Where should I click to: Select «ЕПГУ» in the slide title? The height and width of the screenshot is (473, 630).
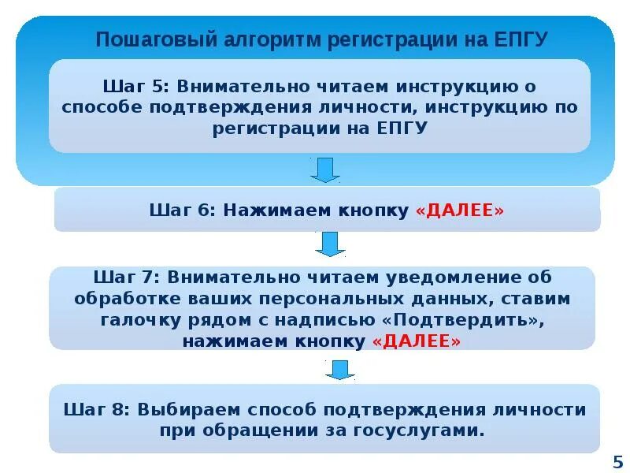(x=518, y=39)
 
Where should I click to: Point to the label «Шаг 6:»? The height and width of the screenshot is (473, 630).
(x=182, y=210)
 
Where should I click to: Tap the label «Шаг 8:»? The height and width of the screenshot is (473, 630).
(x=98, y=410)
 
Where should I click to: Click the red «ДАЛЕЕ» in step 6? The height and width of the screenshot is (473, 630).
(x=459, y=210)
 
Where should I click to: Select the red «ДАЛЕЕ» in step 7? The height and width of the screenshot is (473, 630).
(x=417, y=341)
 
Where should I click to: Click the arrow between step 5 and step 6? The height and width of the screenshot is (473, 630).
(x=324, y=169)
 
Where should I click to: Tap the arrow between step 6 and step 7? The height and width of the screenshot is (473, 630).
(x=330, y=244)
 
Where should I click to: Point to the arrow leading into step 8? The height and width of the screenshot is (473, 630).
(x=340, y=369)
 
